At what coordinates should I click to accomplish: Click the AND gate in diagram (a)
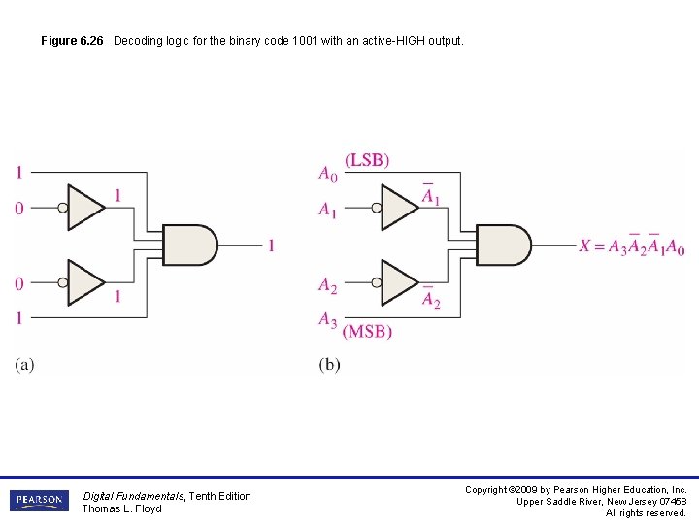point(189,245)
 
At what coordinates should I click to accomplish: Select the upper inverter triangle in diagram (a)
point(86,207)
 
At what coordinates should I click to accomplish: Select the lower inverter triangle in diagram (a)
point(86,282)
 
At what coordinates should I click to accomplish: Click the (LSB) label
point(367,160)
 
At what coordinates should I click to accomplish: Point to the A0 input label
point(328,174)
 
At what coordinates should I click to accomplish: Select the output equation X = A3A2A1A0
point(631,246)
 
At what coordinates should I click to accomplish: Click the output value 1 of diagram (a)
point(271,246)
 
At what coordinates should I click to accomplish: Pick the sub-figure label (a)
point(24,365)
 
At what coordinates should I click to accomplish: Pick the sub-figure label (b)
point(329,365)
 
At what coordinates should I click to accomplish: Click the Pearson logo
point(39,501)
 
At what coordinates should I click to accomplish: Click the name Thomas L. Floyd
point(121,508)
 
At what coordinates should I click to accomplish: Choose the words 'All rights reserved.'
point(646,512)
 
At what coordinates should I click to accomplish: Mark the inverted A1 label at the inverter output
point(430,198)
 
